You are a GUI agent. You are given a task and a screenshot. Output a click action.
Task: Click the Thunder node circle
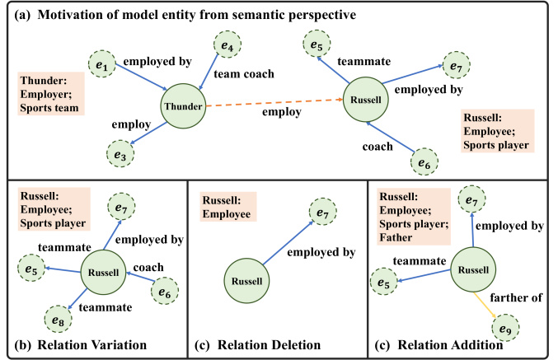coord(183,106)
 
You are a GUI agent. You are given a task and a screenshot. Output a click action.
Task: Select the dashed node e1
coord(102,64)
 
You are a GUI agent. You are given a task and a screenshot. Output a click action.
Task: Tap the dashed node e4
coord(227,44)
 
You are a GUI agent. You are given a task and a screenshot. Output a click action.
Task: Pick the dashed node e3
coord(120,154)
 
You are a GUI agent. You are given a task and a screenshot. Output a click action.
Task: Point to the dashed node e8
coord(58,319)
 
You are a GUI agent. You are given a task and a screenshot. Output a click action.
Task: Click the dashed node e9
coord(505,328)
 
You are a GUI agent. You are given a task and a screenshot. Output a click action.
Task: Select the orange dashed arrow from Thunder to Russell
coord(274,103)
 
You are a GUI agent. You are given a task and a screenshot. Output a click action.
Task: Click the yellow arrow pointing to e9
coord(485,305)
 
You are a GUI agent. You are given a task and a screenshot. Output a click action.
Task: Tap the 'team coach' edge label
coord(244,74)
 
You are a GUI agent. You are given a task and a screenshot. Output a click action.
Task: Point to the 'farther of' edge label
coord(516,297)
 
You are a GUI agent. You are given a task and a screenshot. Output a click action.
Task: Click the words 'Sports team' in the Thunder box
coord(49,108)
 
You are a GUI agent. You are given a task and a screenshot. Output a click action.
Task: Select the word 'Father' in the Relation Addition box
coord(396,237)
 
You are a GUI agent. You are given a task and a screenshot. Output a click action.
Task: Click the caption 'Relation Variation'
coord(91,345)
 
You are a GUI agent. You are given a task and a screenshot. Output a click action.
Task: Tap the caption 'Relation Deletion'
coord(269,345)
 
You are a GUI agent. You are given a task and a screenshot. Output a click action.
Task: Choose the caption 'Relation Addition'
coord(450,345)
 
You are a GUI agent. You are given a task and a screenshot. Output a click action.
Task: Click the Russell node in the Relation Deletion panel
coord(246,281)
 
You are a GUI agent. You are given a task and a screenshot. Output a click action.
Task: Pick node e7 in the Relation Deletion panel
coord(323,211)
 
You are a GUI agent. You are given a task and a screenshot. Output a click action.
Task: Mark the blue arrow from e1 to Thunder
coord(141,77)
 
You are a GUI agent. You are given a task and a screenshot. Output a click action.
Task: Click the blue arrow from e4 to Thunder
coord(209,71)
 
